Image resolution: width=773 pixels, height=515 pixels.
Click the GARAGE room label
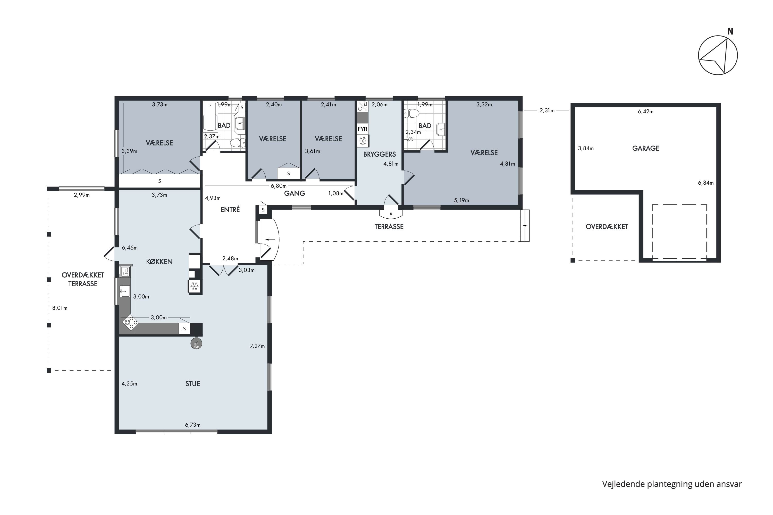coord(645,149)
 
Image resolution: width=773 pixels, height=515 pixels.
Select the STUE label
coord(192,384)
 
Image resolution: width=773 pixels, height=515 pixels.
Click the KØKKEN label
coord(159,262)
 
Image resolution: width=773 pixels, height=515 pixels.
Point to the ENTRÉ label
coord(230,210)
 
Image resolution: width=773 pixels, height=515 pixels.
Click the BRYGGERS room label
coord(380,154)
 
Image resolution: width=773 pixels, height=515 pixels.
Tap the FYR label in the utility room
coord(363,129)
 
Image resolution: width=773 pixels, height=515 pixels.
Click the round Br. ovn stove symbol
coord(196,344)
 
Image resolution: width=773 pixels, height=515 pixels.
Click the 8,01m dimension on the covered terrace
coord(60,308)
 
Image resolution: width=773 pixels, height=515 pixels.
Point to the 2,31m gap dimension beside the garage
coord(547,111)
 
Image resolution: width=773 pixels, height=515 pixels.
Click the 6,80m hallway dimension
coord(279,186)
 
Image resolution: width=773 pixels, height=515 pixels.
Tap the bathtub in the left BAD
coord(210,117)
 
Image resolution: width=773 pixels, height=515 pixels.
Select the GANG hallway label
coord(295,193)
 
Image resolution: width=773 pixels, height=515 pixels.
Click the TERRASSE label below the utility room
coord(389,227)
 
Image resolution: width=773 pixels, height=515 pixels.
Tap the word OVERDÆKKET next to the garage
coord(607,227)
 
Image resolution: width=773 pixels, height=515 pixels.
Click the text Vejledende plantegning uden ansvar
coord(672,484)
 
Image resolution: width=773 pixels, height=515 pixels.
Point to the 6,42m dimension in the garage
coord(645,112)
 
